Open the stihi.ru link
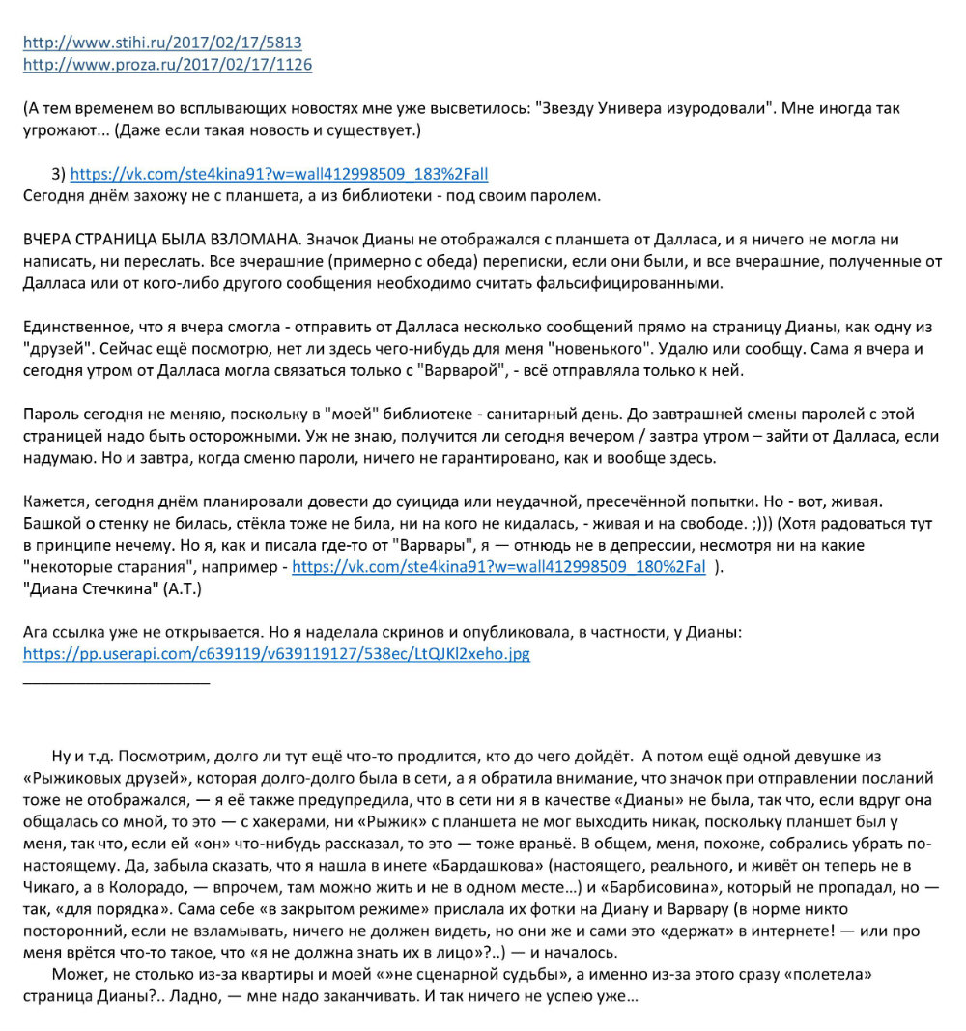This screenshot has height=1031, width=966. (x=162, y=43)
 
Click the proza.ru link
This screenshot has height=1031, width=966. (x=167, y=65)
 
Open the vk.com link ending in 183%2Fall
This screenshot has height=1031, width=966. (x=279, y=174)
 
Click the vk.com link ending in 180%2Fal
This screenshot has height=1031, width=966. (x=498, y=567)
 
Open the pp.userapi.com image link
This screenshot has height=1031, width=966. (x=276, y=654)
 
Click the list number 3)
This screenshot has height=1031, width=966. (x=58, y=174)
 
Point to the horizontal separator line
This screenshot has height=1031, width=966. (x=116, y=683)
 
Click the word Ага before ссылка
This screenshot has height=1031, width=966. (x=39, y=632)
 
